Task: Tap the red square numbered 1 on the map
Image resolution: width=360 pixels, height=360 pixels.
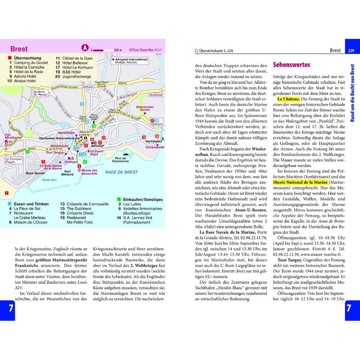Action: (6, 193)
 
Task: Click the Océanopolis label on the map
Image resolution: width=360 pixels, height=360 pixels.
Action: (155, 147)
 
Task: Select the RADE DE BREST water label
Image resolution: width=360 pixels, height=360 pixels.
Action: (121, 172)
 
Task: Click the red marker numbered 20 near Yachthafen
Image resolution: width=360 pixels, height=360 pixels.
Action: (157, 136)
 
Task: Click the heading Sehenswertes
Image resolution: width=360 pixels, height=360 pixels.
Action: (292, 65)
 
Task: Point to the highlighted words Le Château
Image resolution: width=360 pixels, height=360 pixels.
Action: (288, 99)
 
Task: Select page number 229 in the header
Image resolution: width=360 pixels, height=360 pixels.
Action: (351, 50)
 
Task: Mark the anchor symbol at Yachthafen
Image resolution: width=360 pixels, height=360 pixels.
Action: (162, 139)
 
